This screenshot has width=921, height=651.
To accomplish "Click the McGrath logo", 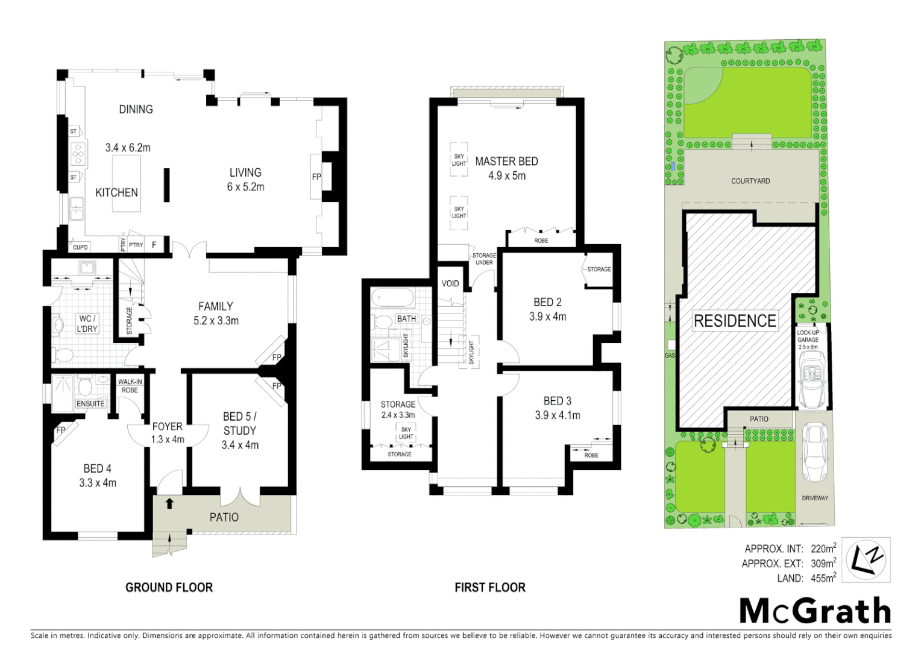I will pyautogui.click(x=815, y=611).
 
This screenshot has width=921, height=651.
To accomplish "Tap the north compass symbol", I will pyautogui.click(x=866, y=560).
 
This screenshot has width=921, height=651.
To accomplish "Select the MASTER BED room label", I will pyautogui.click(x=506, y=162).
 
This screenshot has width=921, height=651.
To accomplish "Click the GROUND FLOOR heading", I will pyautogui.click(x=169, y=587).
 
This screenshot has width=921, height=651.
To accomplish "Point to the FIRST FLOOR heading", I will pyautogui.click(x=489, y=587).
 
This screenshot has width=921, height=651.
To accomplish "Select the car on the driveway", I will pyautogui.click(x=815, y=452).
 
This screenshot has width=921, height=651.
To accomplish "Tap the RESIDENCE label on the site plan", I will pyautogui.click(x=735, y=321).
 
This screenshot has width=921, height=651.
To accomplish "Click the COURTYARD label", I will pyautogui.click(x=750, y=181).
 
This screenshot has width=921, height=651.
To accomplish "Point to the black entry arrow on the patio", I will pyautogui.click(x=169, y=503).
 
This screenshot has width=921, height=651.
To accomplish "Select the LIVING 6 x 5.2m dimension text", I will pyautogui.click(x=245, y=187).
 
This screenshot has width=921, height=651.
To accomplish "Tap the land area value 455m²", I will pyautogui.click(x=823, y=578).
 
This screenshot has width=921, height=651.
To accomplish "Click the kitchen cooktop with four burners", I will pyautogui.click(x=77, y=154).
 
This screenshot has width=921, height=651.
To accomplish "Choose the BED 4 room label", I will pyautogui.click(x=97, y=468).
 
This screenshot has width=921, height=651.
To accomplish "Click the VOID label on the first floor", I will pyautogui.click(x=450, y=283).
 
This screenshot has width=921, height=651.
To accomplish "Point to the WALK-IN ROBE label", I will pyautogui.click(x=130, y=386).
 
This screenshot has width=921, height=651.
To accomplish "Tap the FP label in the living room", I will pyautogui.click(x=316, y=177).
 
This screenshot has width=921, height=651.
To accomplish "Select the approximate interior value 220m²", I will pyautogui.click(x=823, y=549).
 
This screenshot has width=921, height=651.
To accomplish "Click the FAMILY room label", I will pyautogui.click(x=215, y=306).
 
